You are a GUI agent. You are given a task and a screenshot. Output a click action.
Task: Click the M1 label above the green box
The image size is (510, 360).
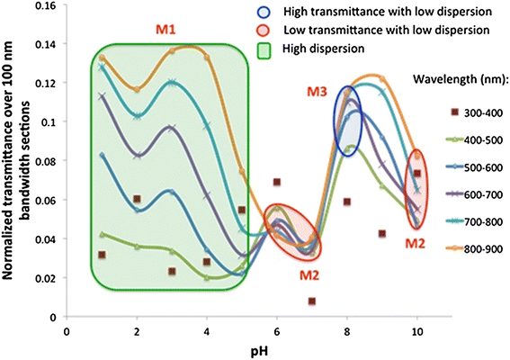[166, 30]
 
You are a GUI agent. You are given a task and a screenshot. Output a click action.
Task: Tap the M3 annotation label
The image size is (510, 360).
[318, 92]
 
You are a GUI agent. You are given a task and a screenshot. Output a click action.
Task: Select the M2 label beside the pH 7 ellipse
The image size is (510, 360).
[309, 275]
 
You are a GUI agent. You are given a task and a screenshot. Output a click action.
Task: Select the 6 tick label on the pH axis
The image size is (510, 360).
[277, 332]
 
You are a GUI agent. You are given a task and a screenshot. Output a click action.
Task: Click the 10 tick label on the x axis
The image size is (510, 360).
[416, 332]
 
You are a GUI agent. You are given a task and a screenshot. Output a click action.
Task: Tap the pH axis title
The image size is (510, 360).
[259, 352]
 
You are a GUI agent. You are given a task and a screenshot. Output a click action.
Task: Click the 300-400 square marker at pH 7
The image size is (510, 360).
[312, 301]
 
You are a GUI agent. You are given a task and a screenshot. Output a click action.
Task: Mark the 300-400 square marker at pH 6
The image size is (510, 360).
[277, 182]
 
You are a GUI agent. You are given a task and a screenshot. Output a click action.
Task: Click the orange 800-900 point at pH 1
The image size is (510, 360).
[103, 58]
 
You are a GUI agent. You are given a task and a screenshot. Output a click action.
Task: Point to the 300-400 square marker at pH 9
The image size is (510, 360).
[382, 233]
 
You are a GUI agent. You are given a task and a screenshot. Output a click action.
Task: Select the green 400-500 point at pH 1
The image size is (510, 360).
[103, 234]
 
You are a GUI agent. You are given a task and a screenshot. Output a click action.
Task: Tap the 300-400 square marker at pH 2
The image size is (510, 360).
[137, 199]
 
